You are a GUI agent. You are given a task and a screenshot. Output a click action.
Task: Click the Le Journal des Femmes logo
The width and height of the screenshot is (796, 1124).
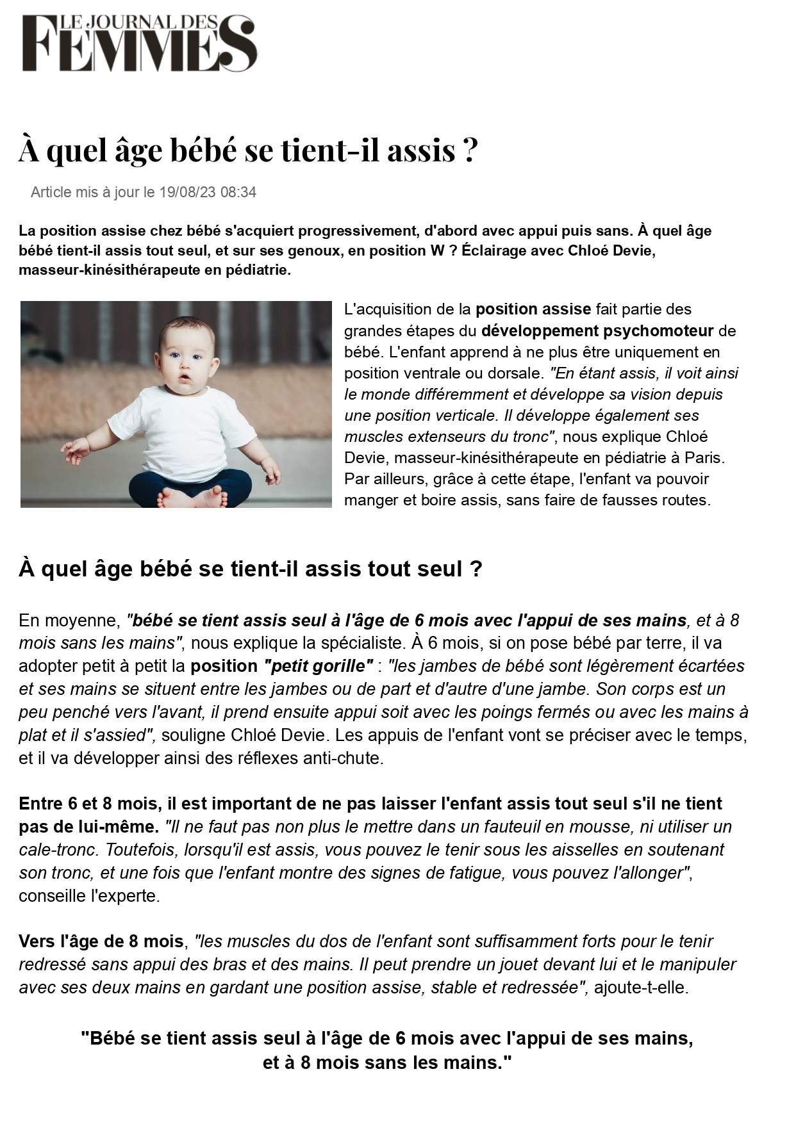click(x=140, y=44)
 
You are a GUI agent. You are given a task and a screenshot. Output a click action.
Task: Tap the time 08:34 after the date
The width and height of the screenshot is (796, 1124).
click(x=238, y=192)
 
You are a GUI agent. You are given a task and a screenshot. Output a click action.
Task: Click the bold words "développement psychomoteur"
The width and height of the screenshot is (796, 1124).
click(x=597, y=331)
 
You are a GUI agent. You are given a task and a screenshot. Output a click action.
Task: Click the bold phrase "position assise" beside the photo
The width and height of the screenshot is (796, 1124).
click(x=533, y=309)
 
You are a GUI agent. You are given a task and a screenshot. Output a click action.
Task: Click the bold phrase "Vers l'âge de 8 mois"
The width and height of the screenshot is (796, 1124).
click(x=101, y=941)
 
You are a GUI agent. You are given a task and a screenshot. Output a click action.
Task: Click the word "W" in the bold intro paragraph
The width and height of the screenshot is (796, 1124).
click(x=437, y=250)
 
